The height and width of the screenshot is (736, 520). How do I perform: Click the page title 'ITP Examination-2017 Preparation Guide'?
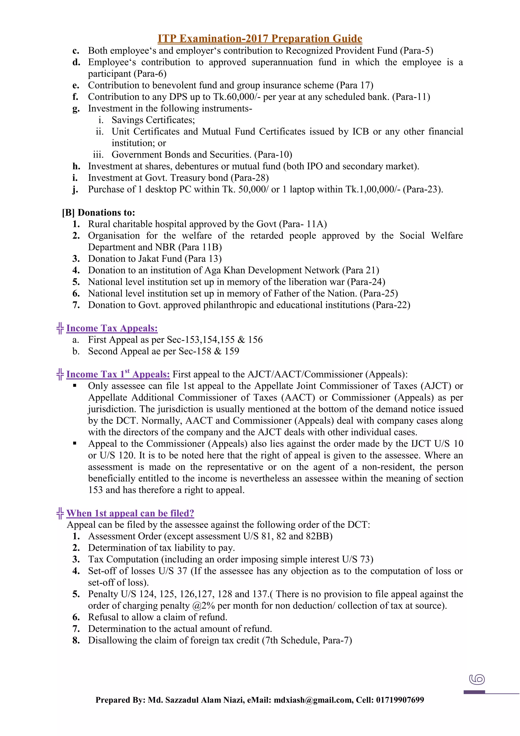coord(260,38)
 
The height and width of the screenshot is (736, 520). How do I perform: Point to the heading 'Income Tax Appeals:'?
coord(112,328)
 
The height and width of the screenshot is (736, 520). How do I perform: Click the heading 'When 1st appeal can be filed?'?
coord(130,513)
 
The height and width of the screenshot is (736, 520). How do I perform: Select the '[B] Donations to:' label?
coord(99,212)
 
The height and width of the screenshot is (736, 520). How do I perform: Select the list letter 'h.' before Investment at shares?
coord(76,166)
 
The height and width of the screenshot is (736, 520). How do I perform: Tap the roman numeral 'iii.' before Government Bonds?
coord(98,155)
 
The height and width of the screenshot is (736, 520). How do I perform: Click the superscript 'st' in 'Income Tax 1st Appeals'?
coord(127,371)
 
